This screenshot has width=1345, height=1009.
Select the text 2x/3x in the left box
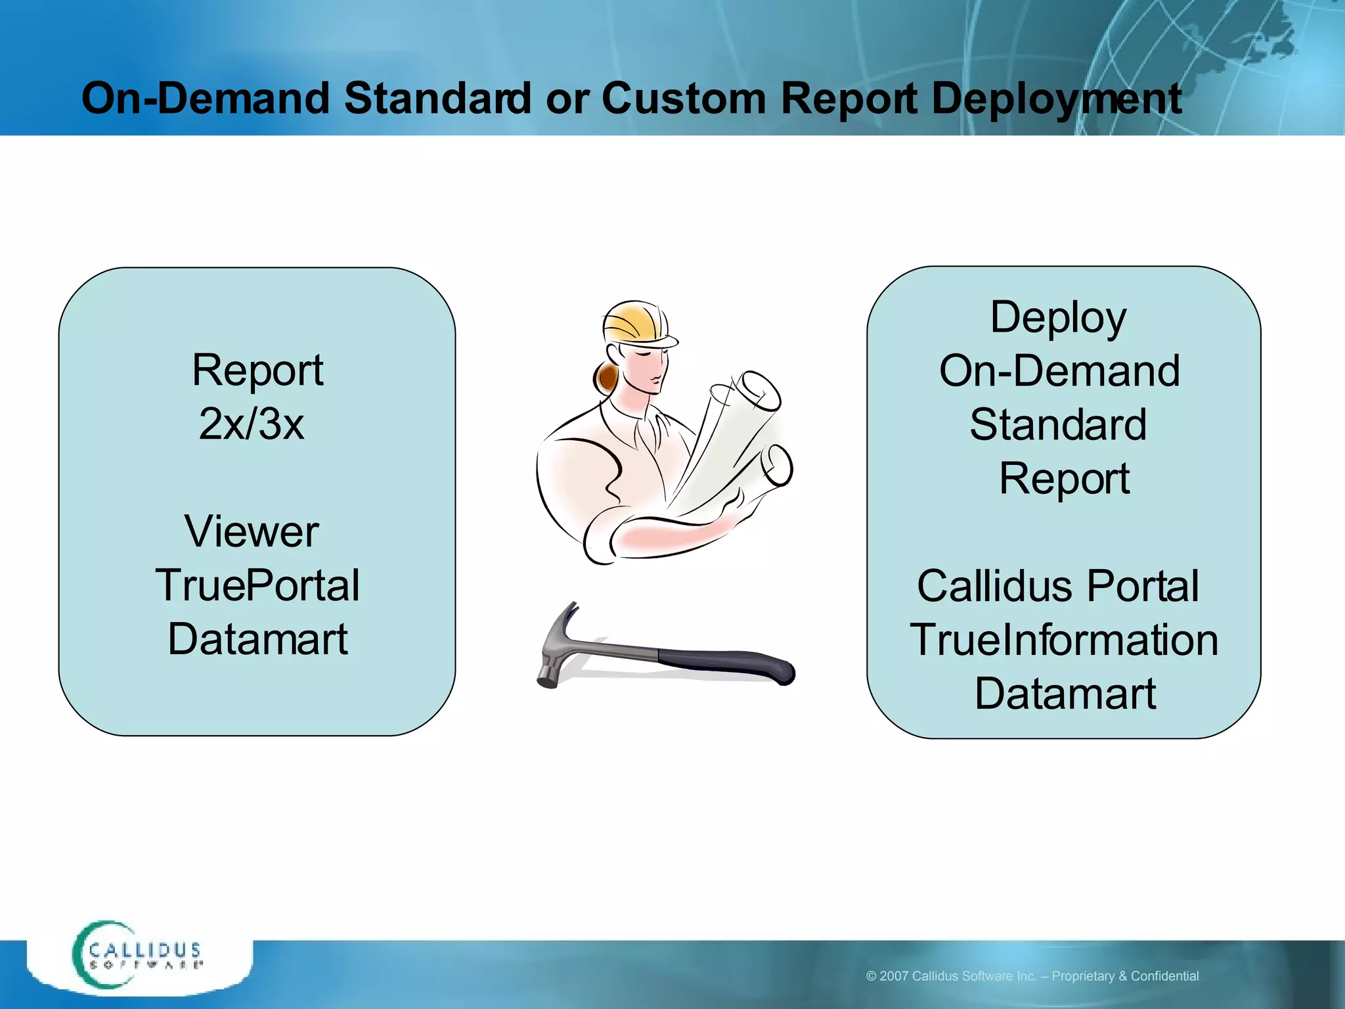click(252, 424)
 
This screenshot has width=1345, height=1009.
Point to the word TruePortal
click(257, 585)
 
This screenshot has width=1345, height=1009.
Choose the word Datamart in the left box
click(257, 639)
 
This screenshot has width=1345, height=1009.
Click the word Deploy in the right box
click(1058, 318)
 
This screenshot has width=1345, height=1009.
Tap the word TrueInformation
click(1064, 640)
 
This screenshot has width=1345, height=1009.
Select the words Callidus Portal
click(1058, 586)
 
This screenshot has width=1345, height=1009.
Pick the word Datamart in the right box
click(1065, 694)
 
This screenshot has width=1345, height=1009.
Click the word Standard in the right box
click(1058, 424)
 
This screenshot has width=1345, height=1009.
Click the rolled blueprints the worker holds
click(736, 440)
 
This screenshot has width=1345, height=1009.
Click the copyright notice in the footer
click(1032, 976)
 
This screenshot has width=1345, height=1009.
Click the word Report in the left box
click(257, 370)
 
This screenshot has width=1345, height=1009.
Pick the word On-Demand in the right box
click(1059, 371)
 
